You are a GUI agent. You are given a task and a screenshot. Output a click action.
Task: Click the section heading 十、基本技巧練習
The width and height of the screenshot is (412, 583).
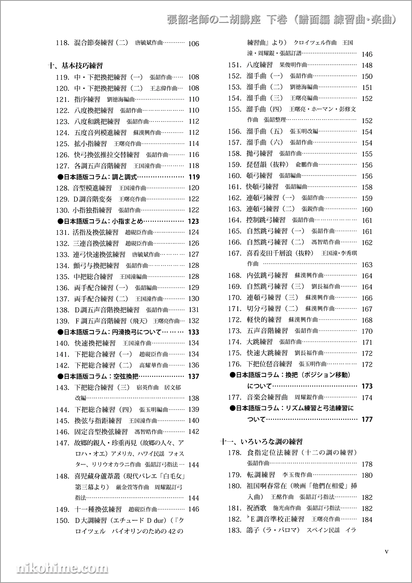coord(75,66)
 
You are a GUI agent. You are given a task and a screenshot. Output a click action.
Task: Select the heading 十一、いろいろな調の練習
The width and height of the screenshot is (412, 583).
coord(262,442)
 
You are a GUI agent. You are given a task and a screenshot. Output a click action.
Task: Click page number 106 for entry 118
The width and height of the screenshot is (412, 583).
coord(193,44)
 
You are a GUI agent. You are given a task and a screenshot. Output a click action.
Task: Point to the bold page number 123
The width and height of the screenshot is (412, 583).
coord(193,221)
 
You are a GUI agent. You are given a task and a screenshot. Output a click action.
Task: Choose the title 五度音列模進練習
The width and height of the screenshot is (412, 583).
coord(100,133)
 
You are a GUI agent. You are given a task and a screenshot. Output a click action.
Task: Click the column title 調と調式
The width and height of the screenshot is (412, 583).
coord(124,177)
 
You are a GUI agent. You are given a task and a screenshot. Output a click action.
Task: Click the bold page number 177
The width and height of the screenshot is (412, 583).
coord(367,419)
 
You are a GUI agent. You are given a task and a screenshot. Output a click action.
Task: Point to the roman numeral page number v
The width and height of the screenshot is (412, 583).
coord(386,552)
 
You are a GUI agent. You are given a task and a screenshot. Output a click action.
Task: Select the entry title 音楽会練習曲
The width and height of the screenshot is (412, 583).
coord(267,398)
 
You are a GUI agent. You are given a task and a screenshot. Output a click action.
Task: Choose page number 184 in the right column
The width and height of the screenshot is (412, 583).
coord(367,520)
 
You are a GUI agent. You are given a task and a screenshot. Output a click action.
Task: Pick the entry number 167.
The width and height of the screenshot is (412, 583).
coord(234,253)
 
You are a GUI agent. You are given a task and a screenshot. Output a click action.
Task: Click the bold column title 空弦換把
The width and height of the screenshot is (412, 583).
coord(126,376)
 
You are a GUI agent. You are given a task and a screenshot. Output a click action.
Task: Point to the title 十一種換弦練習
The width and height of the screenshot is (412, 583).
coord(98,509)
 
